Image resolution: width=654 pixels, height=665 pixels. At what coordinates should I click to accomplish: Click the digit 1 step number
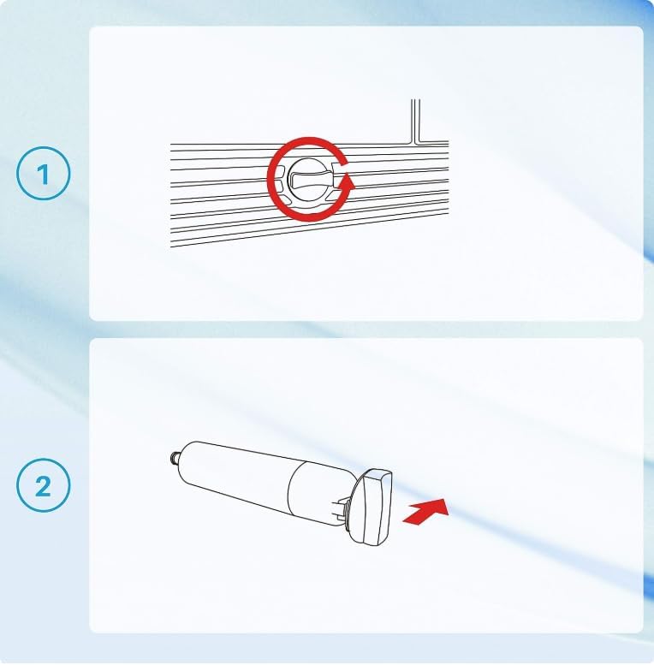click(43, 175)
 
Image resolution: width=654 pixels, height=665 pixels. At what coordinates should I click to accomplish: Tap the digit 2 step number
click(43, 486)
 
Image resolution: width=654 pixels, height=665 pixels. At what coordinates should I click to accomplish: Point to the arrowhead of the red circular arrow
click(348, 182)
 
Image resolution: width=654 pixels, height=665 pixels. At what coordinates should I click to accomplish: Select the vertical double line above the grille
click(415, 120)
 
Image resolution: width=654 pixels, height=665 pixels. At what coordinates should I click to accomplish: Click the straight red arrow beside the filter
click(425, 512)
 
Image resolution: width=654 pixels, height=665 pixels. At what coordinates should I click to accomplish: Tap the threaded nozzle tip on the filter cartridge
click(175, 457)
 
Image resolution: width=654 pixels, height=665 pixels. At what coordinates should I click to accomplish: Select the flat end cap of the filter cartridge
click(372, 507)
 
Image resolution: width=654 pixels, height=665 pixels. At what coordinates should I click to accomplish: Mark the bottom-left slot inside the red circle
click(285, 199)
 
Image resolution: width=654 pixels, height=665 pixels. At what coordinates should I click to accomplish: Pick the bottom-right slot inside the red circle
click(332, 196)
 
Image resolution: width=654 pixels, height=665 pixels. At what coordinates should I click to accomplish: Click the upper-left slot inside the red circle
click(280, 173)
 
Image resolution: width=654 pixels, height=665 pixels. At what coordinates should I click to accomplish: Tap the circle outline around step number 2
click(43, 460)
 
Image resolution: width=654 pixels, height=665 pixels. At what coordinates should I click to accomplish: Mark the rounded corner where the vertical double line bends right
click(416, 140)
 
